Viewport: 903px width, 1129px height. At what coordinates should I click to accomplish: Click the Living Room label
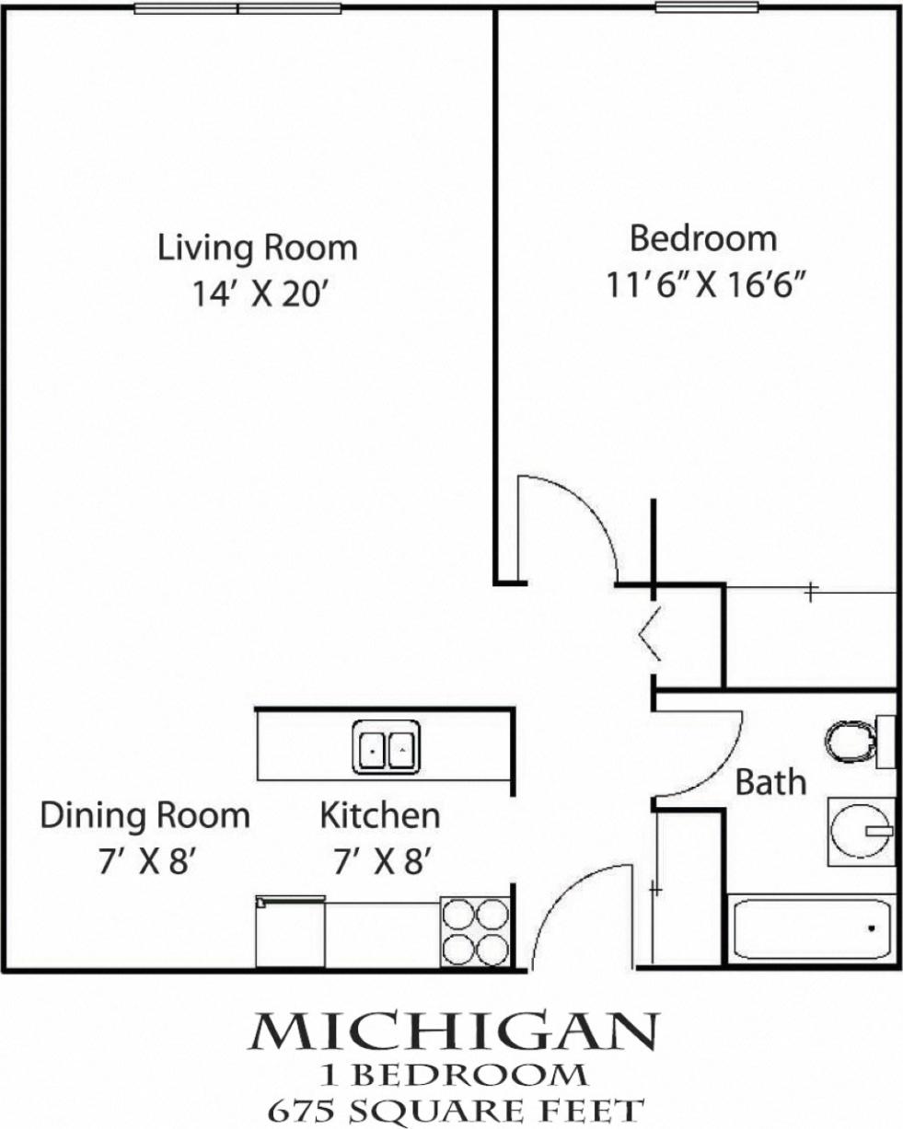click(258, 248)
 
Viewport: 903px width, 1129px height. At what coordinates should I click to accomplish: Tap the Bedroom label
click(703, 238)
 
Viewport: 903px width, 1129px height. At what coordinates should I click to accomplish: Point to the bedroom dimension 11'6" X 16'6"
click(706, 284)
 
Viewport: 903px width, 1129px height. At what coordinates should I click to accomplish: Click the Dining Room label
click(145, 815)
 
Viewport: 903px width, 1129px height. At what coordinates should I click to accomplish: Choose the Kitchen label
click(379, 815)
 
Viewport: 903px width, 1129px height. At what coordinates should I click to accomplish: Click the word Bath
click(771, 782)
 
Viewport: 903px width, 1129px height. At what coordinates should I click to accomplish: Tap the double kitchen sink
click(387, 747)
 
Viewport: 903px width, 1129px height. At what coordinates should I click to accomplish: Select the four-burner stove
click(475, 931)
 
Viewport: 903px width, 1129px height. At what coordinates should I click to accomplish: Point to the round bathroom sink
click(860, 831)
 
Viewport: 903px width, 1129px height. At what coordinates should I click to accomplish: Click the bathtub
click(812, 929)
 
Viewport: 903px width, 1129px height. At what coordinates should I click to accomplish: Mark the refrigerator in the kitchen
click(290, 932)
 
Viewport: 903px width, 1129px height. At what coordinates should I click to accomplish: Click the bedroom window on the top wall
click(706, 8)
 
